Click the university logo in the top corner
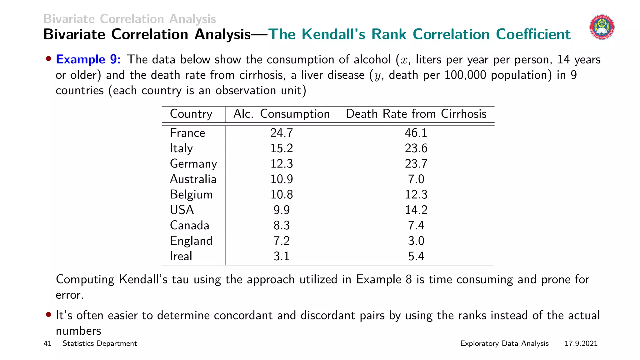tap(602, 27)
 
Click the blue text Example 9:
tap(88, 59)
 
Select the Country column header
tap(191, 114)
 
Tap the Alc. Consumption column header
tap(281, 114)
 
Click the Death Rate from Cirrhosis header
tap(416, 114)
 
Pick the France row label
tap(187, 133)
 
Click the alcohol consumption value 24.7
tap(282, 133)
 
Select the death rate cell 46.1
tap(416, 133)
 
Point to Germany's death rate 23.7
tap(416, 164)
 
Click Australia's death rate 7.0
tap(416, 179)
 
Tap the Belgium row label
tap(191, 195)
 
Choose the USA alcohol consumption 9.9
tap(282, 210)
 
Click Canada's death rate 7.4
tap(416, 226)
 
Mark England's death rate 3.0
tap(416, 241)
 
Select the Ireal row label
tap(181, 256)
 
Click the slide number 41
tap(47, 344)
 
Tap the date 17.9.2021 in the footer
tap(581, 344)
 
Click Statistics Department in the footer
tap(100, 344)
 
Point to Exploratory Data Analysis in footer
tap(504, 344)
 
